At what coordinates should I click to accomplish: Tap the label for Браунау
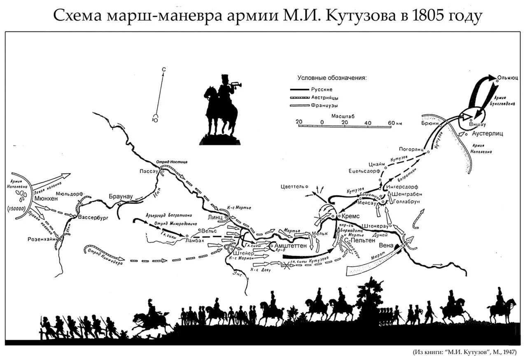(x=121, y=196)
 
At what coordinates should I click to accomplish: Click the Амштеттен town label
(x=291, y=245)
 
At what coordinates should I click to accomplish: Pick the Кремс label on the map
(x=350, y=217)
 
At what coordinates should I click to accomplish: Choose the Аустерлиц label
(x=487, y=134)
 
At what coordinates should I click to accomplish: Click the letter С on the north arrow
(x=163, y=70)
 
